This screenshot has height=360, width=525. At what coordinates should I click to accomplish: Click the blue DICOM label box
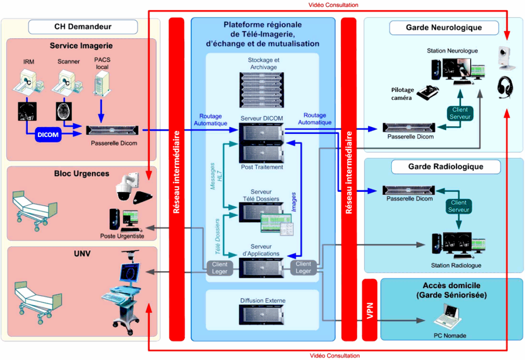coord(49,135)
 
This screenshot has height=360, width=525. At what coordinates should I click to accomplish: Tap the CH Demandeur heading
coord(83,27)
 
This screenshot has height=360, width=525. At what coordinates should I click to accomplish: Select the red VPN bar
coord(369,310)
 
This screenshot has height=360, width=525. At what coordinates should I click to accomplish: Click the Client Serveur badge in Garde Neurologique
coord(460,114)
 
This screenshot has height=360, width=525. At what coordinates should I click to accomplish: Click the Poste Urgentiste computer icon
coord(121,219)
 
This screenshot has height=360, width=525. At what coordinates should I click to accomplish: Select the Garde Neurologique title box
coord(443,27)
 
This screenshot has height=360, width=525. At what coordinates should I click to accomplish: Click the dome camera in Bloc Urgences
coord(124,189)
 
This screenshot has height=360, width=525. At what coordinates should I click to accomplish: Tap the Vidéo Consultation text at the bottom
coord(335,355)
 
